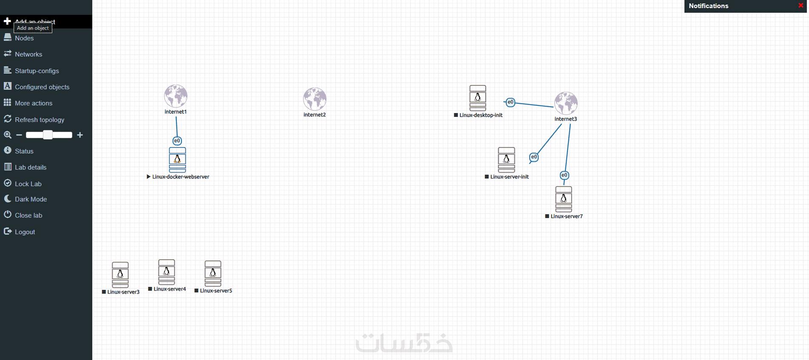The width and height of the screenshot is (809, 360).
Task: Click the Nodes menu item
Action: pos(24,38)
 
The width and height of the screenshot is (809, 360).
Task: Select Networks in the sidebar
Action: pos(28,54)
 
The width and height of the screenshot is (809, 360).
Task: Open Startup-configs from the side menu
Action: pos(37,71)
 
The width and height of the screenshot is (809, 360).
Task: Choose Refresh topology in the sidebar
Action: pos(39,120)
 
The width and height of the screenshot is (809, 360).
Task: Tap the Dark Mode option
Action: pos(31,199)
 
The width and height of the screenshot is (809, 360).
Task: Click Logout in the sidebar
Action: pos(25,232)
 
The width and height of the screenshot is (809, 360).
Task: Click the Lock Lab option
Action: pos(28,184)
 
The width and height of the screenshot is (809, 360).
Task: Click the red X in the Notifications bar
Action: pos(801,6)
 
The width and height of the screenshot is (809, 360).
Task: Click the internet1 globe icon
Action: pos(176,96)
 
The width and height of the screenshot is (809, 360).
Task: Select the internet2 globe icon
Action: pos(315,99)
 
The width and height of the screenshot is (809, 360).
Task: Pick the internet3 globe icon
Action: pos(566,103)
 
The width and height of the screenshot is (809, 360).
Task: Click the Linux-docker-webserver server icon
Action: pos(177,160)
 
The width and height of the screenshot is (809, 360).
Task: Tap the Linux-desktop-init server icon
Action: pos(478,98)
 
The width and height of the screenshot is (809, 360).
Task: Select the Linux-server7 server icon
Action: pos(564,199)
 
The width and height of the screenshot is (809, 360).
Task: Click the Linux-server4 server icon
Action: pos(167,272)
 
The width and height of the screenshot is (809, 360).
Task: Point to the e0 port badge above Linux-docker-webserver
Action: pos(177,141)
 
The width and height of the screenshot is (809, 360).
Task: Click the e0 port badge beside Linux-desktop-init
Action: pos(511,102)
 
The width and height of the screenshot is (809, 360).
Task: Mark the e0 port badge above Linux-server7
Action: pos(564,175)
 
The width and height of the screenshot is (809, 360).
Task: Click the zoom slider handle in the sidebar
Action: pos(48,135)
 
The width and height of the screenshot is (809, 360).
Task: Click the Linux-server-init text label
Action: pos(509,177)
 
